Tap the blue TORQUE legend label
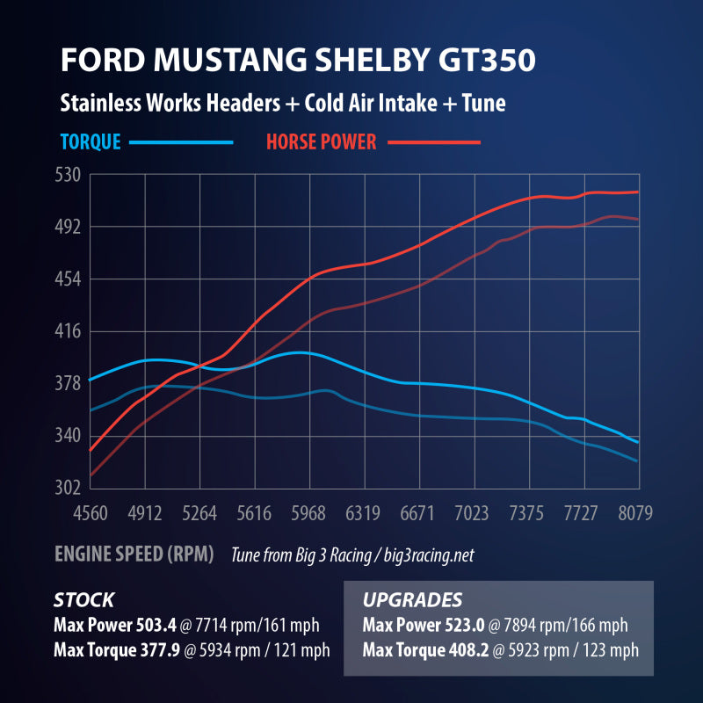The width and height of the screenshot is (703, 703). click(91, 141)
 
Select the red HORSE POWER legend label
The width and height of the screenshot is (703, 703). click(321, 141)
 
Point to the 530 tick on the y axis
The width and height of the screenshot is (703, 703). click(69, 175)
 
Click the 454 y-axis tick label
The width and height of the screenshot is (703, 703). click(69, 279)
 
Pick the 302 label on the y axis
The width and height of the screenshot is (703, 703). click(69, 488)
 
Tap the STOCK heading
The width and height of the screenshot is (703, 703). click(83, 600)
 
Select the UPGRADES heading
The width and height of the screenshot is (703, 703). click(412, 600)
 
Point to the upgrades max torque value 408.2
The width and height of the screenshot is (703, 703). click(465, 651)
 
